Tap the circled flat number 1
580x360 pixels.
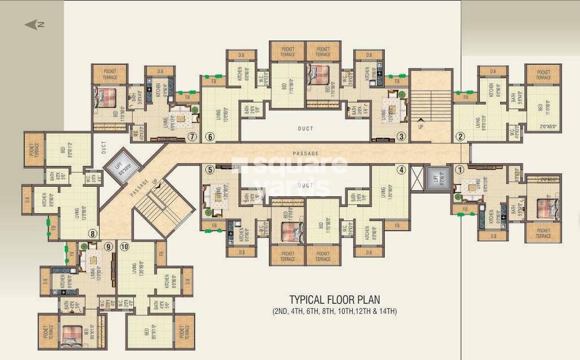coord(459,169)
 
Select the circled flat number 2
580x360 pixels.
coord(460,136)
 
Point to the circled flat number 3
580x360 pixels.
coord(401,136)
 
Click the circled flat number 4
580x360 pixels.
coord(401,169)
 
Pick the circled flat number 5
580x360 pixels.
coord(210,169)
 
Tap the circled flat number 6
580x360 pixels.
coord(210,136)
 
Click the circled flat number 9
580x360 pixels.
coord(108,246)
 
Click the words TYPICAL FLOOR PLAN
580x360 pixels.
coord(334,299)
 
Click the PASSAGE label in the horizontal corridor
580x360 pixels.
coord(305,153)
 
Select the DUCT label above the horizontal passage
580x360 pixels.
coord(305,129)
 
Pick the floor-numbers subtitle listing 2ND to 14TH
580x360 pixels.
coord(334,311)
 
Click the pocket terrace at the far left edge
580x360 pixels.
coord(34,149)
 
